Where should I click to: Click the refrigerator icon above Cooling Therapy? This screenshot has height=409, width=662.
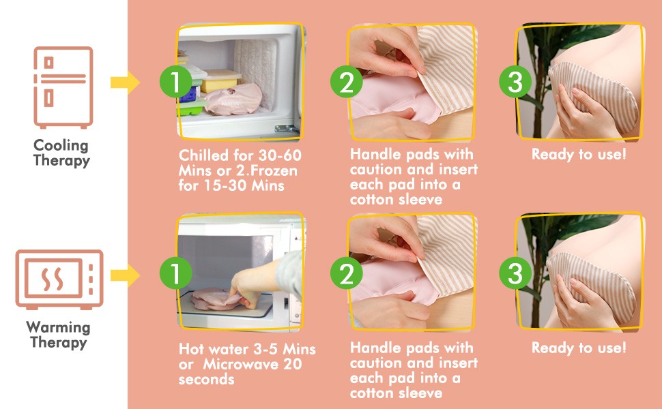point(63,87)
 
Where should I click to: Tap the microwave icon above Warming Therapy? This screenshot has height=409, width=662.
point(59,279)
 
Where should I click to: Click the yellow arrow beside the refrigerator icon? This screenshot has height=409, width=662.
point(125,82)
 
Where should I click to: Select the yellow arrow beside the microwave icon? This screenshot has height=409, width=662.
point(125,276)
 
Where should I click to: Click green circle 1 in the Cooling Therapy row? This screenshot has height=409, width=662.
point(175,82)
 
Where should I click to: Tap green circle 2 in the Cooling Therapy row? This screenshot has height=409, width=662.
point(347,82)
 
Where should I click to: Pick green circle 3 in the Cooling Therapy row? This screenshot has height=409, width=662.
point(515,82)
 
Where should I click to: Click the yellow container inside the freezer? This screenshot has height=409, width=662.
point(220,81)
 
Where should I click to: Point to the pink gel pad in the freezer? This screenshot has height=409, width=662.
point(234,100)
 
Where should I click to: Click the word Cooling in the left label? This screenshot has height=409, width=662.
point(61,145)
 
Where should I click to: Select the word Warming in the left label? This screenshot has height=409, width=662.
point(58,327)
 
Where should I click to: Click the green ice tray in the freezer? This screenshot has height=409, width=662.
point(191,107)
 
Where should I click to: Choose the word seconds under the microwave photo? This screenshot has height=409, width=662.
point(207,380)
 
